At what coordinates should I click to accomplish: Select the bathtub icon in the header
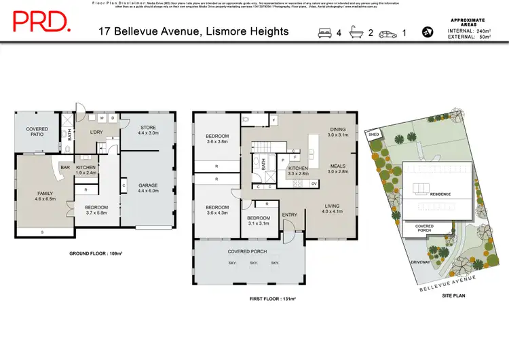(356, 32)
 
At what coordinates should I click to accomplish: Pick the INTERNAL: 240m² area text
(472, 32)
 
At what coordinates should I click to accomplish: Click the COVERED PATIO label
(37, 131)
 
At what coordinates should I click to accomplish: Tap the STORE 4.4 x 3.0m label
(148, 130)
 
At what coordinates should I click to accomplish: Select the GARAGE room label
(148, 187)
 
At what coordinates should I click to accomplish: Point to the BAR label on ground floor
(66, 167)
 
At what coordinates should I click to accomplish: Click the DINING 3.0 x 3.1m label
(337, 132)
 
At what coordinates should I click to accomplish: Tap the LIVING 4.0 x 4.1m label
(333, 209)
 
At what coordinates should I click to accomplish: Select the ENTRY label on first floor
(290, 215)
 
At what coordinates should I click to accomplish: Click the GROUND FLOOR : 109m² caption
(96, 253)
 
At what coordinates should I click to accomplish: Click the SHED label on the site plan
(374, 135)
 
